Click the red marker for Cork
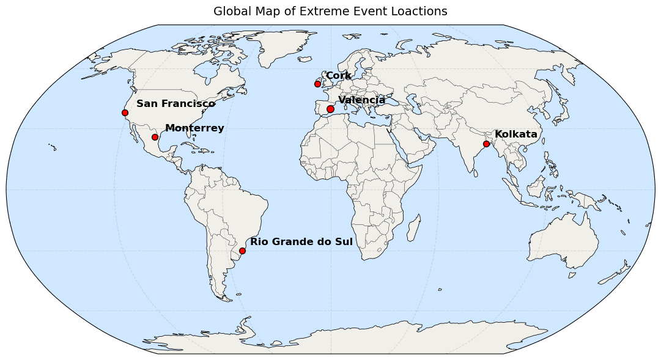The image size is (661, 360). click(317, 84)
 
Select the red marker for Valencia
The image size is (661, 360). click(330, 109)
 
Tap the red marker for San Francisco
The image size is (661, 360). click(125, 112)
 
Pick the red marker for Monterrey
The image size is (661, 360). click(155, 137)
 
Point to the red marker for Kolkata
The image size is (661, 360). click(486, 144)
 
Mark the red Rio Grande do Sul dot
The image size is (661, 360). click(242, 251)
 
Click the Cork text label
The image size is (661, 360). click(338, 76)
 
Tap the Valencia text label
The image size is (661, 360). click(361, 100)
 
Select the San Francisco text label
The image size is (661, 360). click(175, 104)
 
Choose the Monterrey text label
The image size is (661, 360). click(194, 128)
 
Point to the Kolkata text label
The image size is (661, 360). click(515, 134)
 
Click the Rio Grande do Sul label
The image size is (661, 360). click(301, 242)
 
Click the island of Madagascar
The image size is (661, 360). click(413, 227)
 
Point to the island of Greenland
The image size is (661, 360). click(278, 43)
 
